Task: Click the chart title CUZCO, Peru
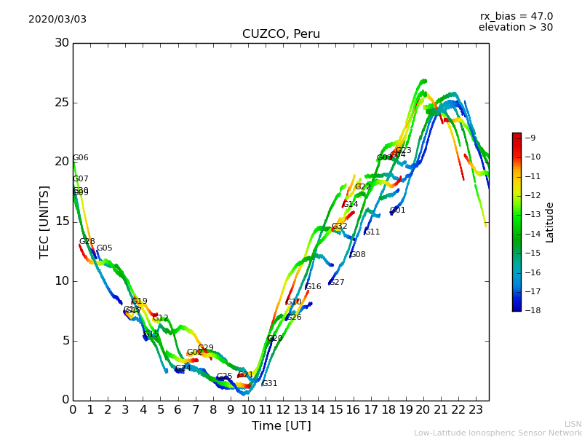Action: point(281,34)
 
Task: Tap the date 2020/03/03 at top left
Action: point(57,19)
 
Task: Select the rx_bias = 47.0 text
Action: point(516,16)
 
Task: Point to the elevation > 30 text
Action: point(515,28)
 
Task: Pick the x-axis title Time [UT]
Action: point(281,425)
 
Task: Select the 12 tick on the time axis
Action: point(283,409)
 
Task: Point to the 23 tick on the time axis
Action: point(476,409)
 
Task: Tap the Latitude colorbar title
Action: point(550,221)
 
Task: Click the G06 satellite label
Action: point(81,158)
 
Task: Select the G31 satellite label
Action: point(270,384)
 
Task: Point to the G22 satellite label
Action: point(363,187)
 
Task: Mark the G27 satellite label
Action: point(337,283)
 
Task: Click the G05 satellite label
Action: point(105,248)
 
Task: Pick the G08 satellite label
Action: point(358,255)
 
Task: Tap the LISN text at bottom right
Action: point(573,424)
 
